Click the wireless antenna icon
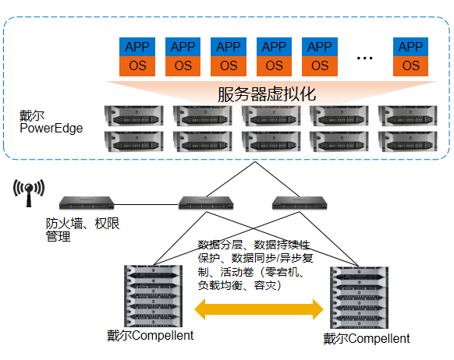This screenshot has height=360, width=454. pos(29,192)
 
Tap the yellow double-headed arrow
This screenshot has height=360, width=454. pos(258,309)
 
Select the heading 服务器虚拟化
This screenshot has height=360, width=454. pos(267,94)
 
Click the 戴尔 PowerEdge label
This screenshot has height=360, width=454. pos(51,122)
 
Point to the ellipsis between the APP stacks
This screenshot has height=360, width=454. pos(364,58)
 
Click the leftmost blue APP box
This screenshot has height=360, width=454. pos(137,47)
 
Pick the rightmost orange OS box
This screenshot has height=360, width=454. pos(410,66)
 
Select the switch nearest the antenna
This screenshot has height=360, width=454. pos(87,203)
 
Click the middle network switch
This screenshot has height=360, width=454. pos(206,203)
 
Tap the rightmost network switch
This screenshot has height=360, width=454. pos(300,203)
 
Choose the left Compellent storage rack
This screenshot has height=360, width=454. pos(153,296)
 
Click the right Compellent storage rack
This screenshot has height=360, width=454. pos(359,298)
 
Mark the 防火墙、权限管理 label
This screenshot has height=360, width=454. pos(83,230)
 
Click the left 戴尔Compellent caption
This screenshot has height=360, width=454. pos(150,335)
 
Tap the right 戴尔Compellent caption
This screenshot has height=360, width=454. pos(367,339)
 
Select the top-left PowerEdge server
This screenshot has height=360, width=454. pos(133,116)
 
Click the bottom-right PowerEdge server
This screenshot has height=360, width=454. pos(408,141)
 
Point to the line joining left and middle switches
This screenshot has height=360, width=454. pos(146,204)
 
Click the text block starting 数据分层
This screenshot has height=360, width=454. pos(255,265)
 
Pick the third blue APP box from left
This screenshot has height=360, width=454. pos(229,47)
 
